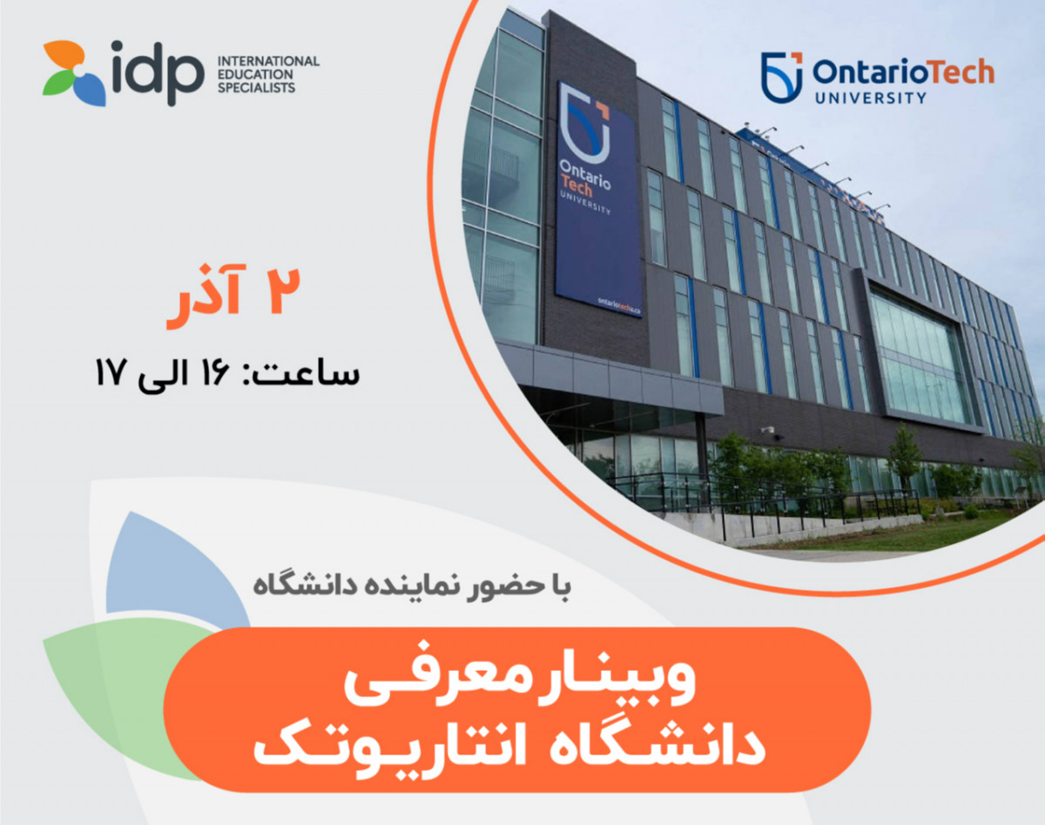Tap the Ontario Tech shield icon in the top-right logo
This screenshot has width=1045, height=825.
781,77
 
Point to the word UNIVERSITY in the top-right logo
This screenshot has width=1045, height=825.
872,97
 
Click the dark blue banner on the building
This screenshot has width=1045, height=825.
597,200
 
